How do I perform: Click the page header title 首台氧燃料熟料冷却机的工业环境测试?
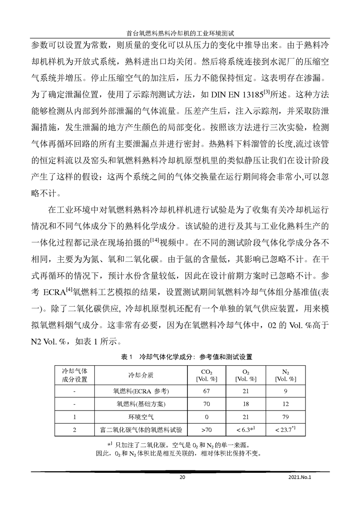[x=180, y=33]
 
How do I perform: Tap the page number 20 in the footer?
[x=182, y=477]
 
